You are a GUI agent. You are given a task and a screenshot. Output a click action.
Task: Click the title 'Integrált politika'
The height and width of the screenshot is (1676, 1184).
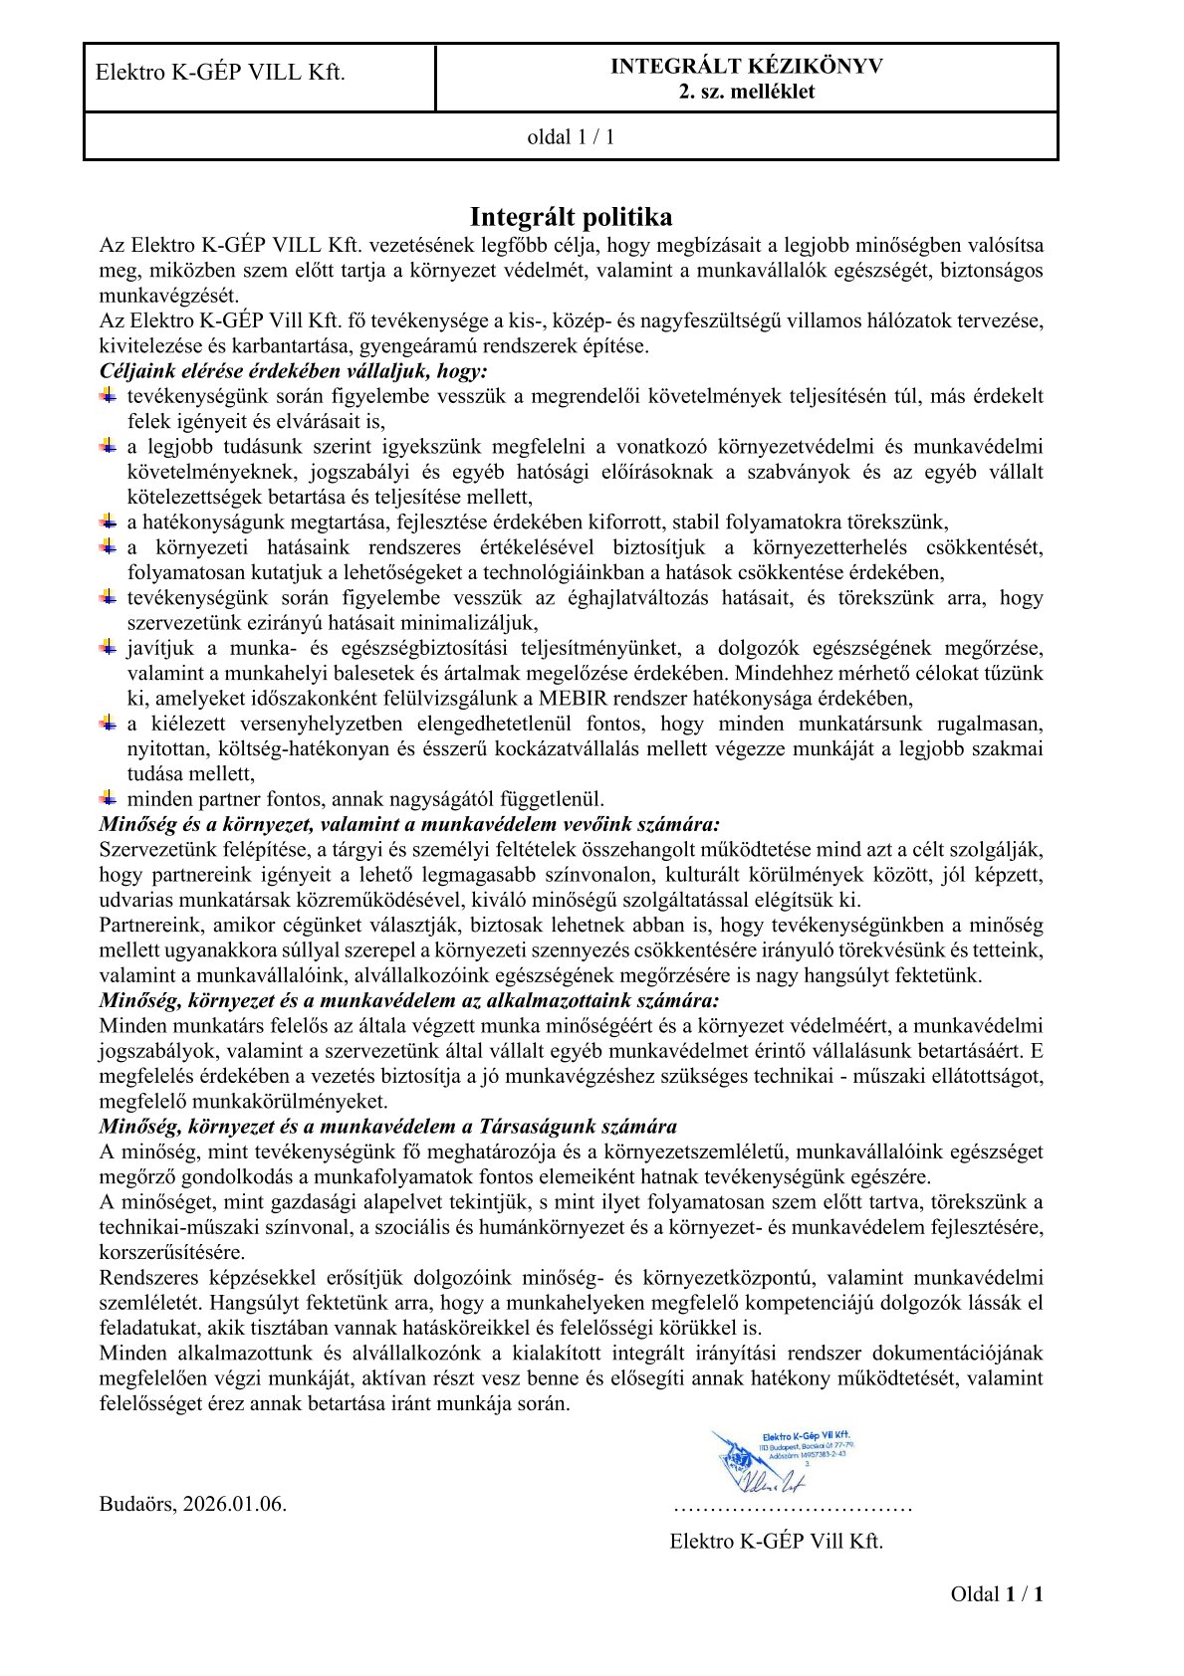571,217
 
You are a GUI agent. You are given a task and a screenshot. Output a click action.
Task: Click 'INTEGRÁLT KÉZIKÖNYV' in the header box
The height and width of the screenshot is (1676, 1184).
746,67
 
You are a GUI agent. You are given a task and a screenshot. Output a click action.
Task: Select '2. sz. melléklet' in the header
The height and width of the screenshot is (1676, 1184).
746,92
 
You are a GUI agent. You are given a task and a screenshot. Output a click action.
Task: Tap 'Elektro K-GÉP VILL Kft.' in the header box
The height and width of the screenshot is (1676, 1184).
220,73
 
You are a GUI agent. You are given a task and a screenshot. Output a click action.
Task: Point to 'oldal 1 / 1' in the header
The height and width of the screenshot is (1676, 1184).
571,137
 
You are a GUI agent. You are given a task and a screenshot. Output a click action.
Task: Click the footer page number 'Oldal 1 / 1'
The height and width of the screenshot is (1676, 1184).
997,1594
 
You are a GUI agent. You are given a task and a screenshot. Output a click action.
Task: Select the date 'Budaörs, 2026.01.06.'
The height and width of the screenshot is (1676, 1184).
193,1504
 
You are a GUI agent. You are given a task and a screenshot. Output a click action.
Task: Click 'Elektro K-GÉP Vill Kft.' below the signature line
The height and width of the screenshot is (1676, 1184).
776,1542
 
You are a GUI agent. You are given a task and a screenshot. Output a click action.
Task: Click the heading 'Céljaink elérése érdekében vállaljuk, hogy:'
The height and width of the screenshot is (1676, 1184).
294,371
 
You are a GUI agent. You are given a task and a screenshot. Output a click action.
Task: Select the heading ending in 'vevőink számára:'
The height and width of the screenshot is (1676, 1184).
409,825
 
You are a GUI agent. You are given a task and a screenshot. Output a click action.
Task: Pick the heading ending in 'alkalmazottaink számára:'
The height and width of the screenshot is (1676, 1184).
409,1001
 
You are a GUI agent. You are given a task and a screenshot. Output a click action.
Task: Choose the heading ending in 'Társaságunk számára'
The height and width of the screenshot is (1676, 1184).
387,1127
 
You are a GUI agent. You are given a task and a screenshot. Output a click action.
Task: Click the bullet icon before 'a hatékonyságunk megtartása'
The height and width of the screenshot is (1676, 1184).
108,522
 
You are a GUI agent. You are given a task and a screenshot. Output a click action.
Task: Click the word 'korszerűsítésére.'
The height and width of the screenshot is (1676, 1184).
171,1252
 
